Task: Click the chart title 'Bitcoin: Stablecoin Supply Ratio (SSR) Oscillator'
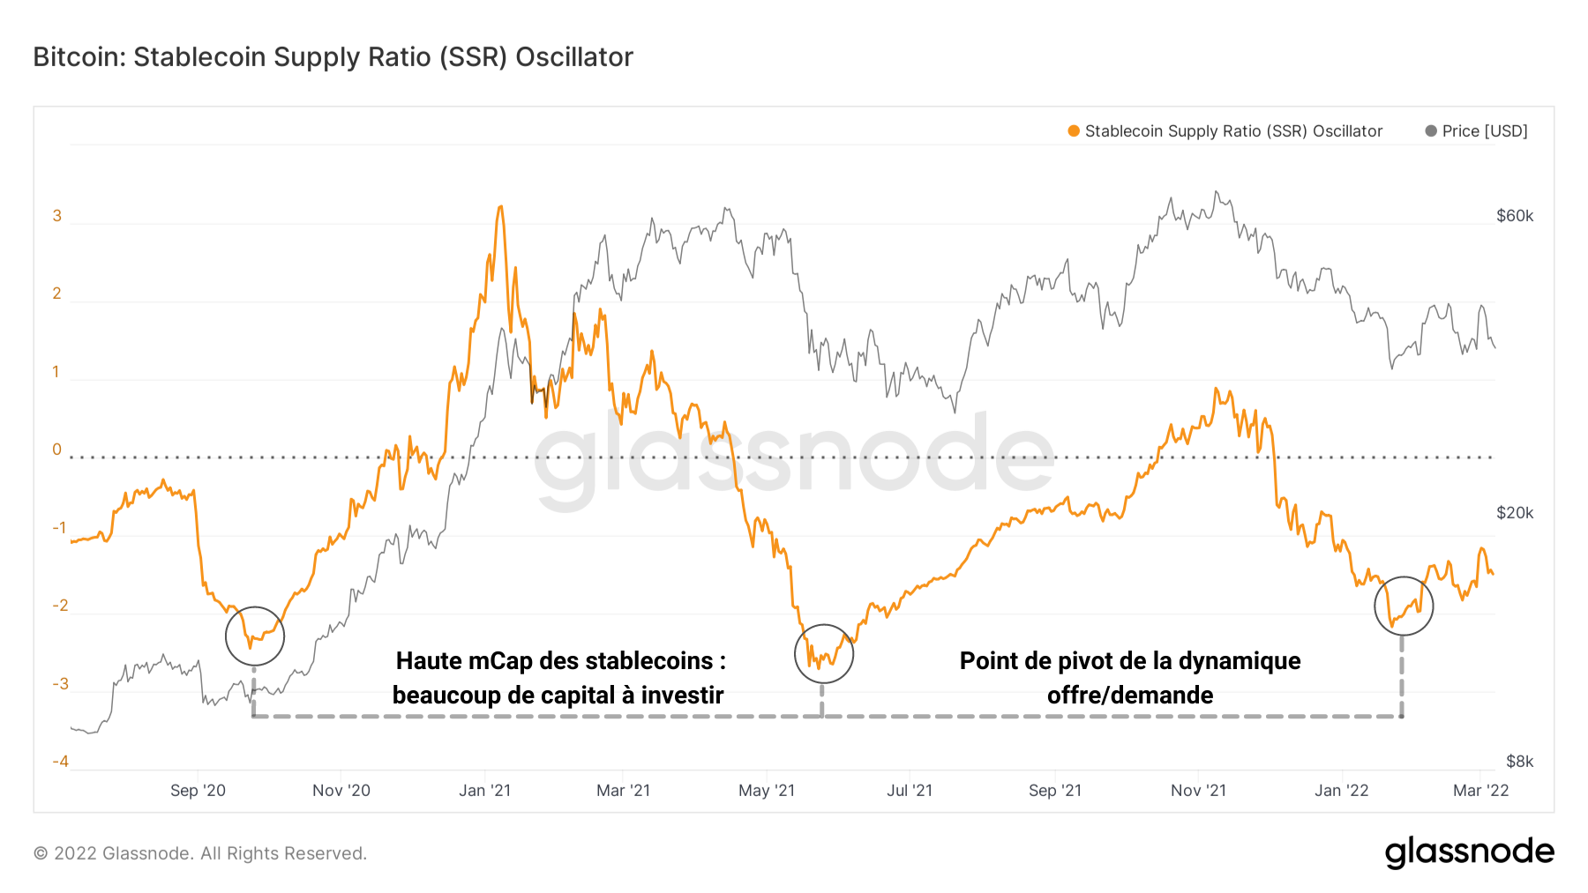(x=333, y=57)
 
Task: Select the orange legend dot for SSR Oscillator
(x=1074, y=131)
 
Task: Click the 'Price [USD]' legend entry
(x=1484, y=131)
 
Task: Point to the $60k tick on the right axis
(x=1515, y=216)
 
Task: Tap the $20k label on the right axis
(x=1515, y=513)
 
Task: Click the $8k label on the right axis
(x=1519, y=762)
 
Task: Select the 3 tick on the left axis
(x=57, y=216)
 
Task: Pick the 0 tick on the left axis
(x=57, y=450)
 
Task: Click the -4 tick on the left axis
(x=60, y=762)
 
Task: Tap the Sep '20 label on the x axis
(x=198, y=791)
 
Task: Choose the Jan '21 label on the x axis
(x=484, y=791)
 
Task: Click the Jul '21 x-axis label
(x=910, y=791)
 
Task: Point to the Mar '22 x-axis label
(x=1480, y=791)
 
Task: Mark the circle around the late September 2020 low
(x=255, y=636)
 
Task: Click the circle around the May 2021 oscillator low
(x=824, y=653)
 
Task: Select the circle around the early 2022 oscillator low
(x=1404, y=606)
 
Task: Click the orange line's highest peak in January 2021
(x=500, y=207)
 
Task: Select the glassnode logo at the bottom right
(x=1469, y=852)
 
